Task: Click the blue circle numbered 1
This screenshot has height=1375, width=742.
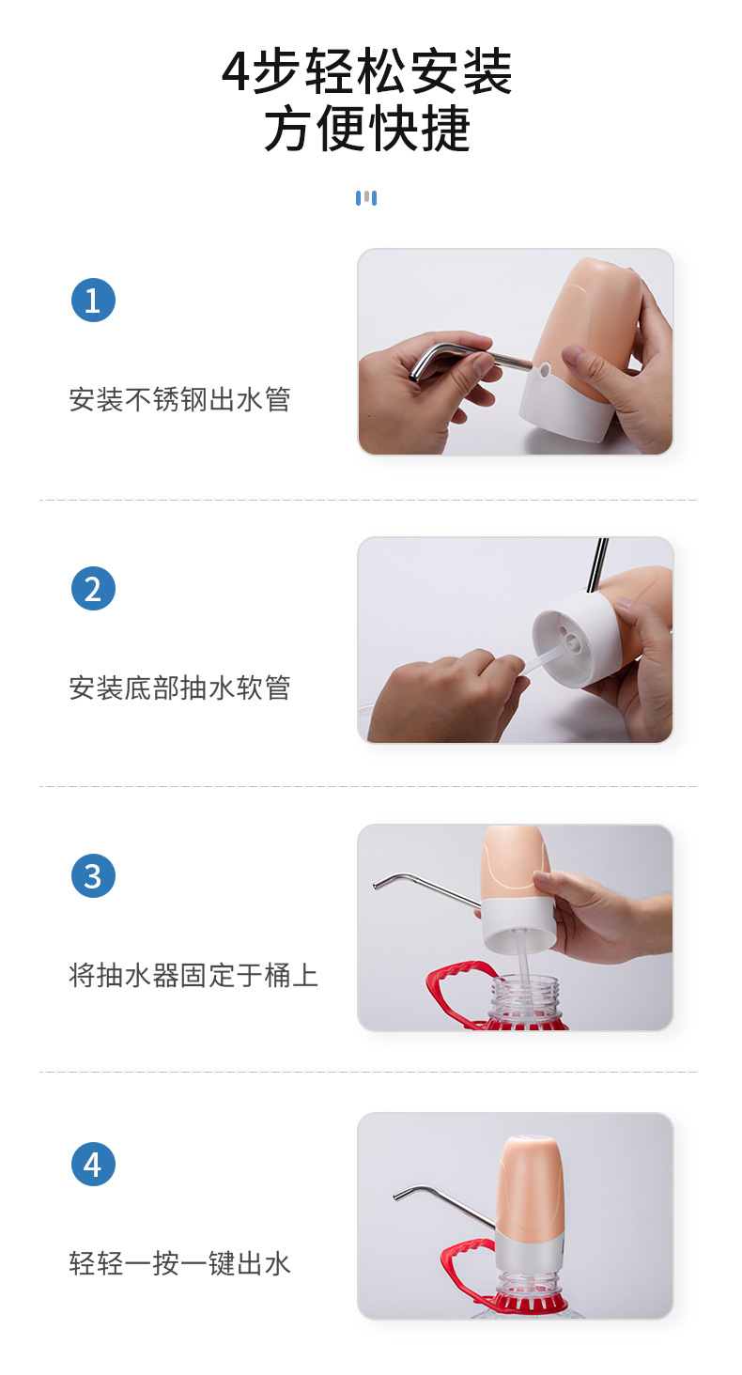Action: (x=93, y=301)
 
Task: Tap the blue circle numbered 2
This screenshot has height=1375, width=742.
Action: (x=93, y=589)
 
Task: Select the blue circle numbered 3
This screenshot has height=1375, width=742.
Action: (x=93, y=876)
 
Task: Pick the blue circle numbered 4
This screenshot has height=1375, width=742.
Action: (x=93, y=1164)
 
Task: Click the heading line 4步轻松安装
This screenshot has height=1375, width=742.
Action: (x=367, y=72)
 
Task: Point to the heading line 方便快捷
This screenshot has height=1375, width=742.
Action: (x=367, y=130)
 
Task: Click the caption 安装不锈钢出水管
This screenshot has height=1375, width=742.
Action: (x=179, y=400)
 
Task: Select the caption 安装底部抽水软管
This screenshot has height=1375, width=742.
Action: (x=179, y=688)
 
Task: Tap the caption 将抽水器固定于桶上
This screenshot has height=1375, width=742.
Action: (x=193, y=976)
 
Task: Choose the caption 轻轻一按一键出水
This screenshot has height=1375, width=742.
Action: (x=179, y=1263)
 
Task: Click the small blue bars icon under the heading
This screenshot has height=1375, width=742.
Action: (x=366, y=198)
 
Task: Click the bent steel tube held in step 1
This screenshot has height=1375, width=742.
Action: (x=460, y=359)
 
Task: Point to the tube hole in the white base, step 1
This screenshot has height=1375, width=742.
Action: (x=544, y=370)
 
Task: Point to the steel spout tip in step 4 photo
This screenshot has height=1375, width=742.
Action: (x=397, y=1195)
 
